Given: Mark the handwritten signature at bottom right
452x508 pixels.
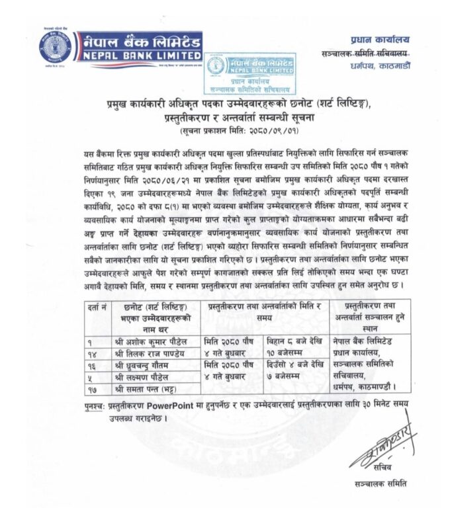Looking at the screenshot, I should pyautogui.click(x=382, y=446).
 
